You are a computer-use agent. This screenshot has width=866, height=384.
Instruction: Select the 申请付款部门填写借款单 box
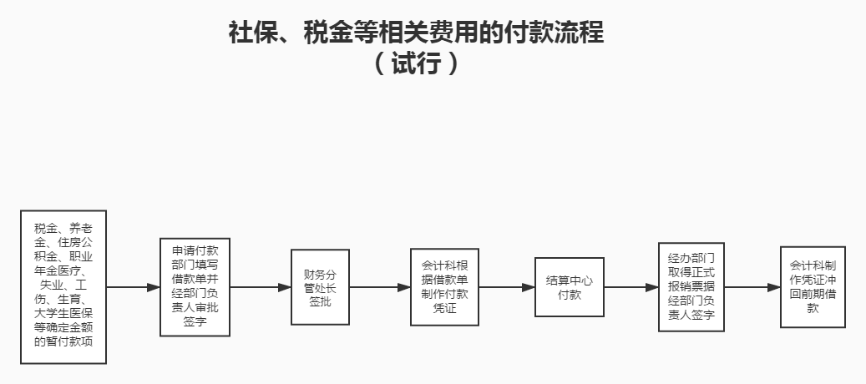[195, 287]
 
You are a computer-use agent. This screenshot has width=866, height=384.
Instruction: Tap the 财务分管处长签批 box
[319, 287]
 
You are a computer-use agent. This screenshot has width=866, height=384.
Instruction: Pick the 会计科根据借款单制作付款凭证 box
[444, 287]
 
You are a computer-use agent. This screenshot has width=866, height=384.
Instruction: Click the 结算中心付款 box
[569, 287]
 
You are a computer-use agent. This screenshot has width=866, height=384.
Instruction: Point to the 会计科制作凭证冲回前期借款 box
[813, 286]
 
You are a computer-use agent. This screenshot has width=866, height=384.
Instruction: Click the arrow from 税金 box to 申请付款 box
[133, 287]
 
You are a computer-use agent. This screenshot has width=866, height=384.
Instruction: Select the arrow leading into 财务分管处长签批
[260, 287]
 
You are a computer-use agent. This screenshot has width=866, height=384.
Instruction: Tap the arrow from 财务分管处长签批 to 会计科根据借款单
[379, 287]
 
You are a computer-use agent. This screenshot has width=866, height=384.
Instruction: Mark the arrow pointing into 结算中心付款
[506, 287]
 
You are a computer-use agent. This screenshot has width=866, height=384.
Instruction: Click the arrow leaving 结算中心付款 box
[631, 287]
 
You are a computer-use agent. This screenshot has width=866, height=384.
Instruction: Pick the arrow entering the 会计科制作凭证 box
[752, 287]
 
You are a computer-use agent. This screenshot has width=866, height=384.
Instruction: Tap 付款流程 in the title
[548, 33]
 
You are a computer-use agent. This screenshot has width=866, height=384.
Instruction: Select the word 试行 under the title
[415, 64]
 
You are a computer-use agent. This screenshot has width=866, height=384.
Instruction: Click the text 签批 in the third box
[319, 301]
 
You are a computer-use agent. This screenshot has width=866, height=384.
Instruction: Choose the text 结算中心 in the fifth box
[569, 280]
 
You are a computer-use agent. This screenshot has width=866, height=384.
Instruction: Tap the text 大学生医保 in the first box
[63, 315]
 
